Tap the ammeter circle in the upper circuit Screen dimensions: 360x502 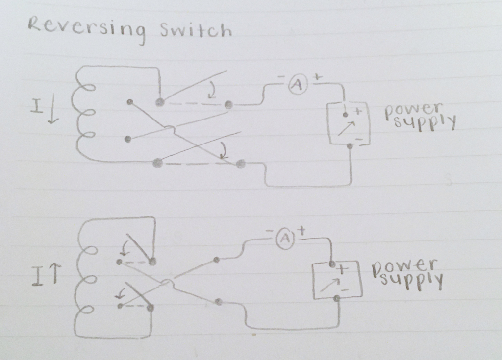pos(296,86)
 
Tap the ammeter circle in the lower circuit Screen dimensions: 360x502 pos(283,238)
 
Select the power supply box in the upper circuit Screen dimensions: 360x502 pos(349,123)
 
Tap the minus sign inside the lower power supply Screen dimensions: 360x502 pos(345,290)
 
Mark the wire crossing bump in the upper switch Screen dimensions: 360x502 pos(169,130)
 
